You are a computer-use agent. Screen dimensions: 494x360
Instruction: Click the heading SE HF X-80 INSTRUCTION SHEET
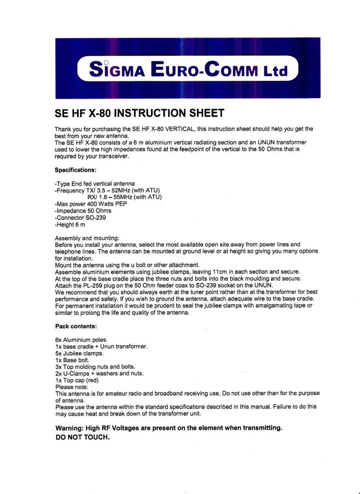pos(140,113)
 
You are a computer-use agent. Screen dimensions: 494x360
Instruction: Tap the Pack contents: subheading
pos(76,327)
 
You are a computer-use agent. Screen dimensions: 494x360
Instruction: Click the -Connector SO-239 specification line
pos(80,217)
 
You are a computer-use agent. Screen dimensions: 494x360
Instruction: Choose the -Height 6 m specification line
pos(70,224)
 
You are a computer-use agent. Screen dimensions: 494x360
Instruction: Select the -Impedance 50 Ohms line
pos(82,211)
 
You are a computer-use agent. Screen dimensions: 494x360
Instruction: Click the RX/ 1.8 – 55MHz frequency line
pos(125,197)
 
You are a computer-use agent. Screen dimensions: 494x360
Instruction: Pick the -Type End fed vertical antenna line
pos(94,184)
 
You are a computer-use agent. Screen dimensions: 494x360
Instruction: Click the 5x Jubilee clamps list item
pos(80,354)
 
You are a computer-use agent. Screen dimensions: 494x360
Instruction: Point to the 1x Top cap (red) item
pos(77,381)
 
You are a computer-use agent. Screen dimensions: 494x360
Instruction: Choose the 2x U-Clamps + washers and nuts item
pos(99,374)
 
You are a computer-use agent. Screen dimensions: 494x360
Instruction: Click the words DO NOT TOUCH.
pos(82,438)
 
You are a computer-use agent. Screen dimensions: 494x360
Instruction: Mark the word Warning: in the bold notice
pos(70,428)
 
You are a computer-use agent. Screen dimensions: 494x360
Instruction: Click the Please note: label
pos(72,387)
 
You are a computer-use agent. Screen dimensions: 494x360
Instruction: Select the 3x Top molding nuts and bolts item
pos(95,367)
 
